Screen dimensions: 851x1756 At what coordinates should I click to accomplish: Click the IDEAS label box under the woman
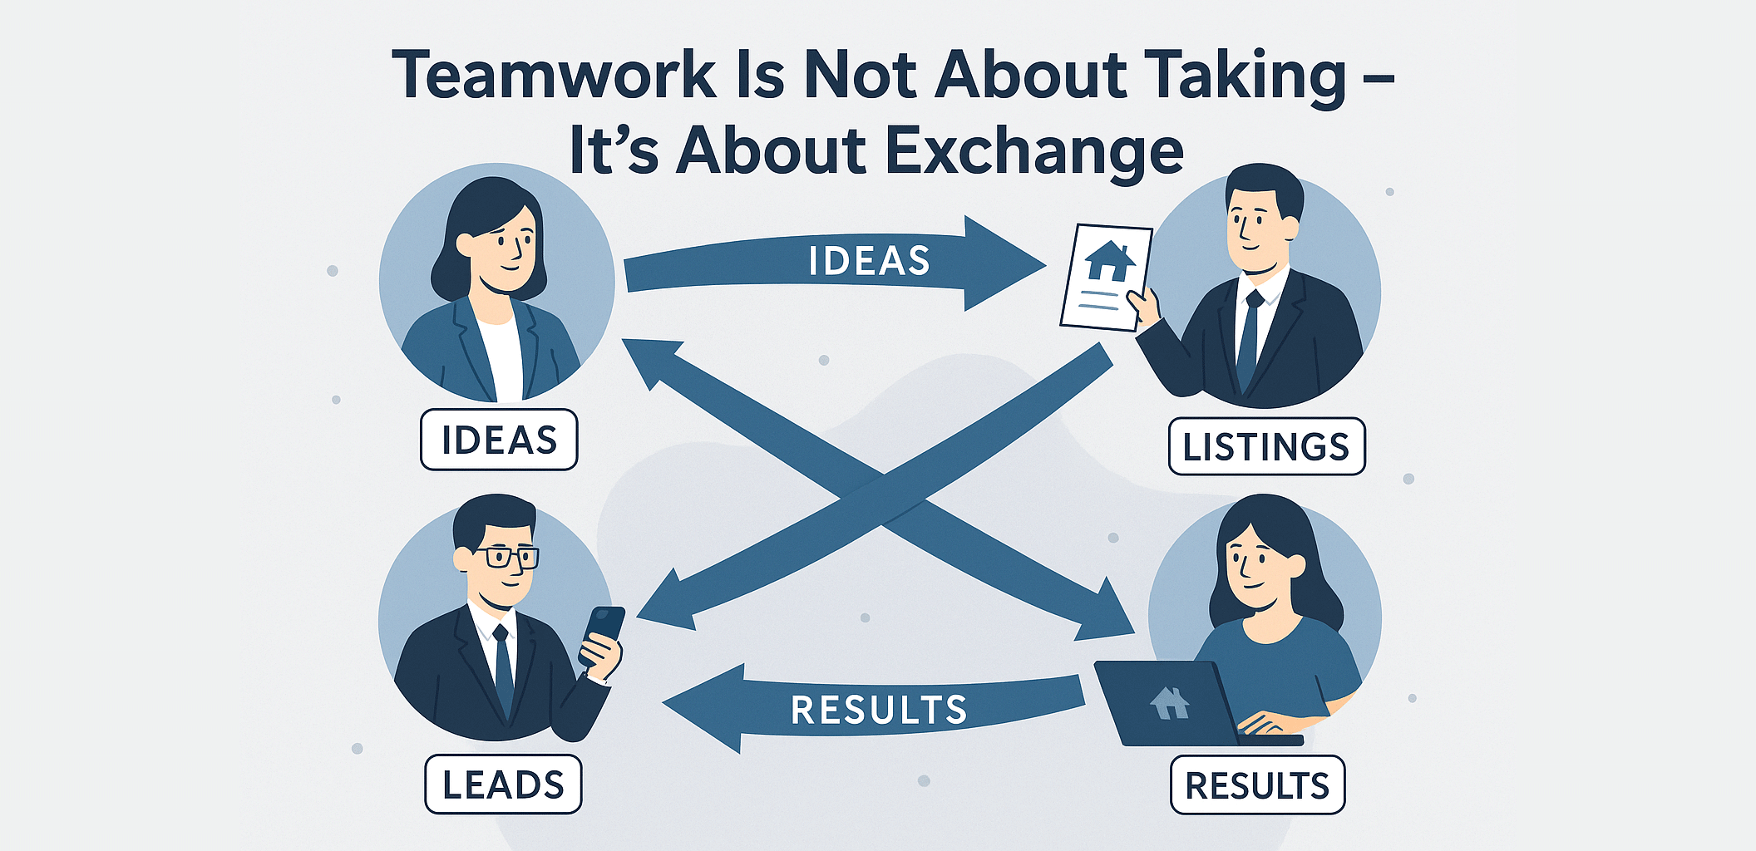coord(499,440)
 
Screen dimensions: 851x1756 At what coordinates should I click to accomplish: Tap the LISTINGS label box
coord(1266,447)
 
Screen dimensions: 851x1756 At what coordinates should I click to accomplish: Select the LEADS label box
coord(503,785)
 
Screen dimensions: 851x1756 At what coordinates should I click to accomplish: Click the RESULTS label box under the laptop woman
coord(1257,785)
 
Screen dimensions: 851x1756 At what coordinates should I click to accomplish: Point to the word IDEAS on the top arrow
coord(869,261)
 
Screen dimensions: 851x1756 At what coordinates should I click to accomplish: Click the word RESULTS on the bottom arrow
coord(879,710)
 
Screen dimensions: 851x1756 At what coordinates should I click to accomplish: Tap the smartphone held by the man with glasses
coord(603,633)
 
